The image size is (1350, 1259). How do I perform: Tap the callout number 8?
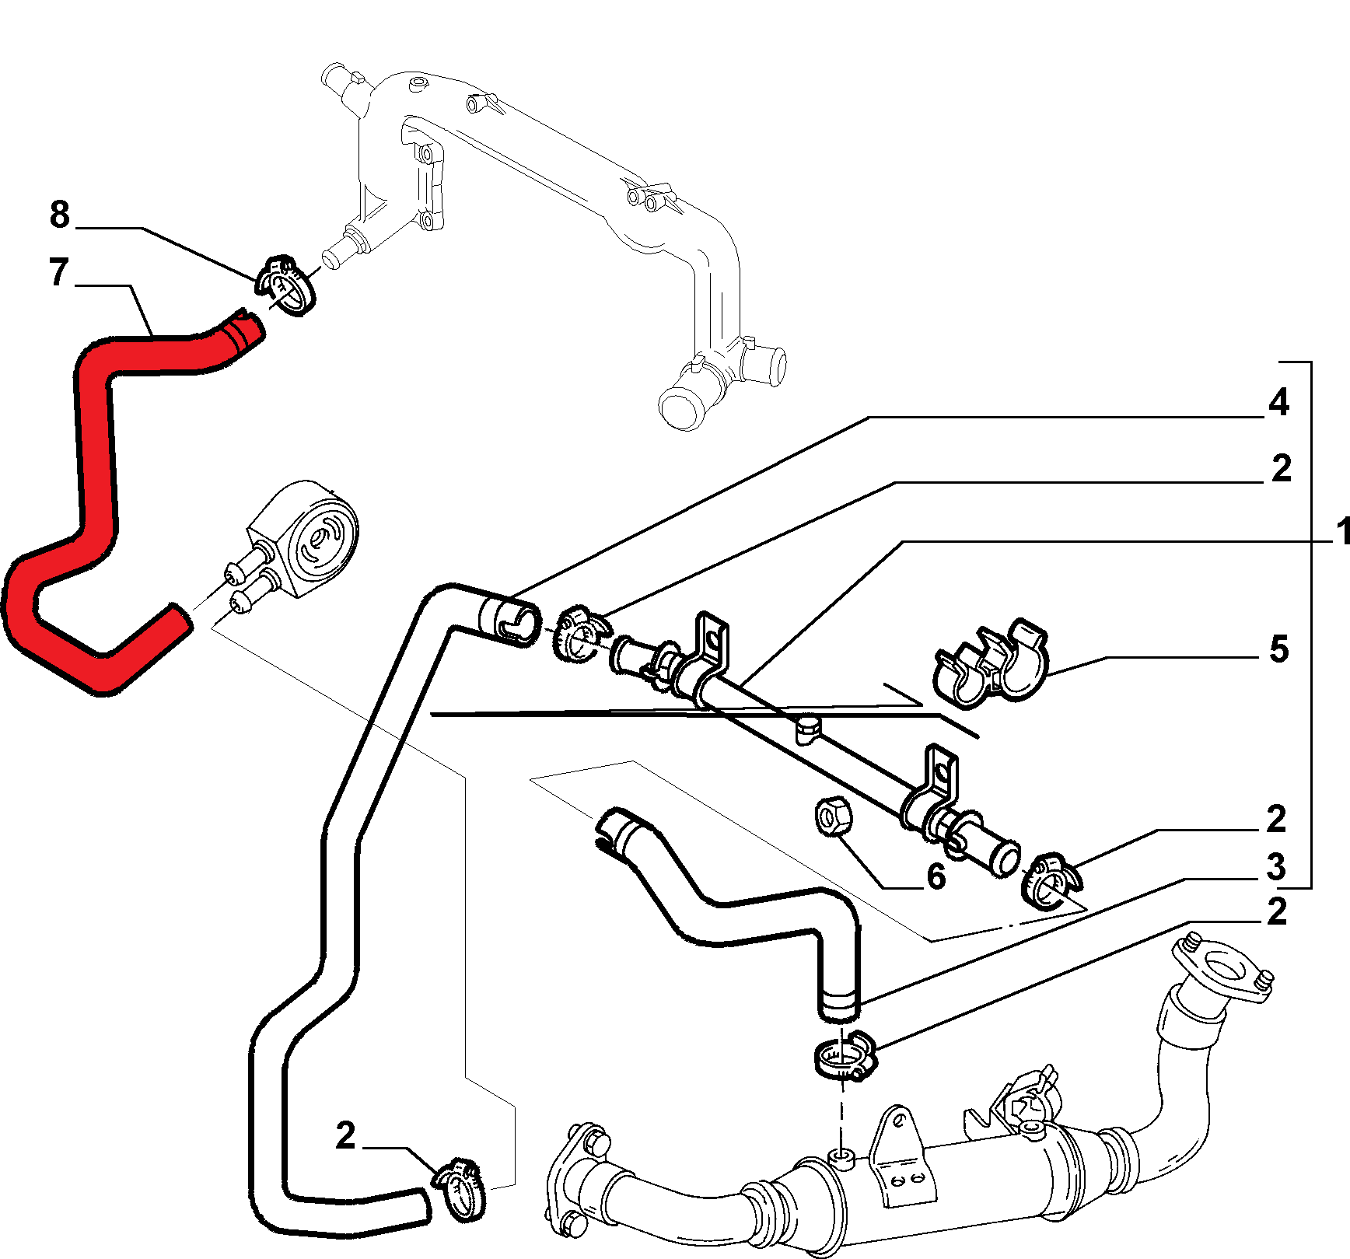59,215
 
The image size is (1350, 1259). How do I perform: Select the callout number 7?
59,272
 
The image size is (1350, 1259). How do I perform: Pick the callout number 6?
936,876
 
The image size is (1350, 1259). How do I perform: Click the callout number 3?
1276,866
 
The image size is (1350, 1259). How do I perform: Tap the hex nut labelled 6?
834,816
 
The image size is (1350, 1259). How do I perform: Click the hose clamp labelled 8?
285,284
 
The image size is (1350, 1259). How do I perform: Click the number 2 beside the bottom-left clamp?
346,1136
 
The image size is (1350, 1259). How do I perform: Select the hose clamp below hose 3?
845,1055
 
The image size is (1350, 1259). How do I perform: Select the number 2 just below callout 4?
1282,468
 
